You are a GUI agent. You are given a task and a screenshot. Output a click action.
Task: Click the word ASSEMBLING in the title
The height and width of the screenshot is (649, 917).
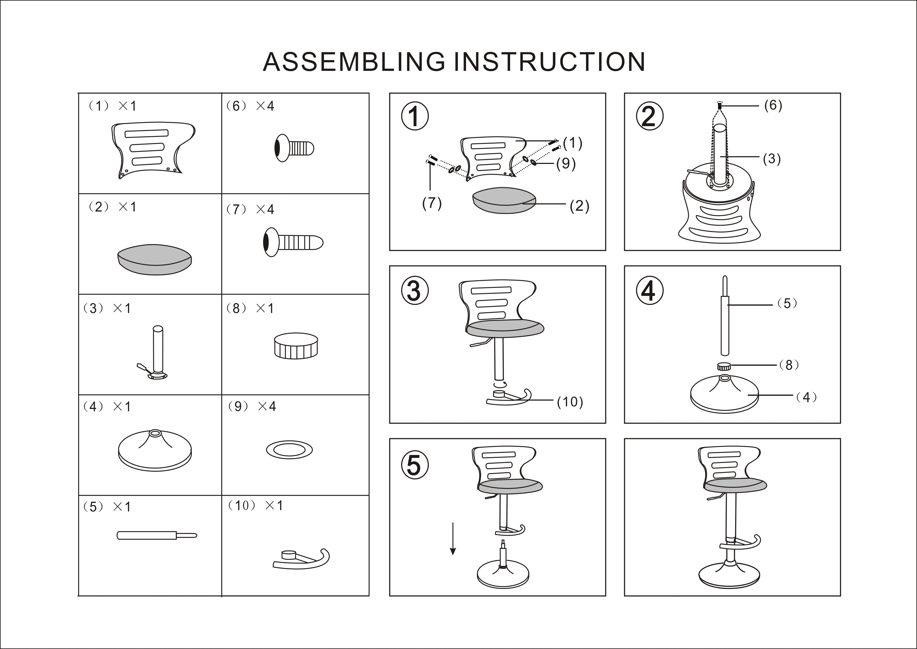pyautogui.click(x=354, y=62)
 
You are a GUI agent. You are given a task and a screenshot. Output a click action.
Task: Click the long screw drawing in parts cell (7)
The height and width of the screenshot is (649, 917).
pyautogui.click(x=293, y=242)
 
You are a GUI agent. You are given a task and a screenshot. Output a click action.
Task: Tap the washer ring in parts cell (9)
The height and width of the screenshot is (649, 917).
pyautogui.click(x=289, y=450)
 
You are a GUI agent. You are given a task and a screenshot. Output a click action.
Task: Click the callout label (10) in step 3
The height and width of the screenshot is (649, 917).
pyautogui.click(x=570, y=402)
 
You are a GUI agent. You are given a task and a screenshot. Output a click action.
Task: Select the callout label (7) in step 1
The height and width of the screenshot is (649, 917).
pyautogui.click(x=432, y=203)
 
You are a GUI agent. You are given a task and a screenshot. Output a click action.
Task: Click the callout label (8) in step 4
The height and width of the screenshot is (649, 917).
pyautogui.click(x=789, y=365)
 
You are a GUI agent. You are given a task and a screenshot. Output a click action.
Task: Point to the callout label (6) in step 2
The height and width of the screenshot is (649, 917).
pyautogui.click(x=773, y=105)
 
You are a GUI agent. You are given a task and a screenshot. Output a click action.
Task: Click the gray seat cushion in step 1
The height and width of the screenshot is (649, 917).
pyautogui.click(x=504, y=201)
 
